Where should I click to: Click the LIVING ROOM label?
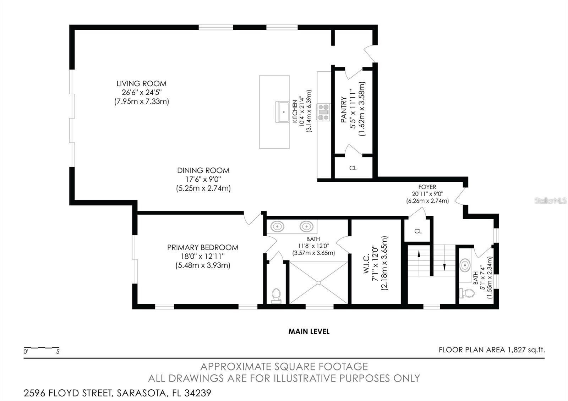141,84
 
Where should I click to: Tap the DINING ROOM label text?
203,170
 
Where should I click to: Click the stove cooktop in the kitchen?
324,112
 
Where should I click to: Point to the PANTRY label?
344,110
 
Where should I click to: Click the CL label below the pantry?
353,168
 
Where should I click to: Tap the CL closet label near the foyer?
418,231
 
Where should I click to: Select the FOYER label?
427,187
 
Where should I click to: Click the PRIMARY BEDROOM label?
203,247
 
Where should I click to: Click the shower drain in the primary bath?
318,282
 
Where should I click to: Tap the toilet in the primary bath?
276,295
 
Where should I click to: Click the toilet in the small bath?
468,293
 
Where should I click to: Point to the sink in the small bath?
465,264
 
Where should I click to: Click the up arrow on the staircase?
419,253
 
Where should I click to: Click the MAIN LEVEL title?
308,331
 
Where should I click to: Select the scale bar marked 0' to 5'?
42,348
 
